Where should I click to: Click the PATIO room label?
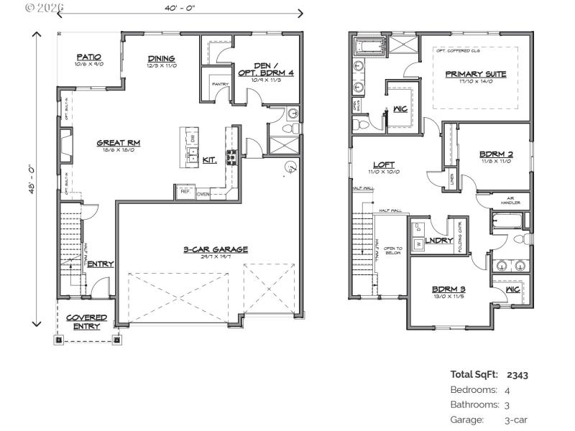(89, 57)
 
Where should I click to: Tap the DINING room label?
(162, 59)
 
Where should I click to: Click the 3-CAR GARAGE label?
(215, 249)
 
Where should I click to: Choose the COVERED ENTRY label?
(87, 321)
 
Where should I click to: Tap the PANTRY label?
(219, 84)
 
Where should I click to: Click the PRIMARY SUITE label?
(475, 74)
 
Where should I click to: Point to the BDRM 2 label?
(495, 154)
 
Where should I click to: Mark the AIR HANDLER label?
(512, 202)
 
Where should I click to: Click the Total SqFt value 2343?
(517, 374)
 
